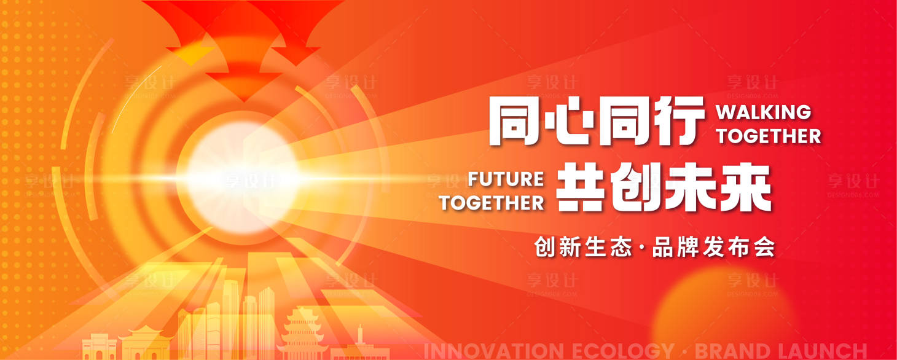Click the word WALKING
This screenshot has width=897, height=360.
coord(764,112)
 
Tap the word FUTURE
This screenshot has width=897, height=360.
coord(506,179)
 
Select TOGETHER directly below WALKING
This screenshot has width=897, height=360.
coord(768,135)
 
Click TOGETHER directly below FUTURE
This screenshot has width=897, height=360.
coord(492,202)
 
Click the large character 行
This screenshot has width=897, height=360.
coord(678,121)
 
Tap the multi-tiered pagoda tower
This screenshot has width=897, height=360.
coord(302,335)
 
